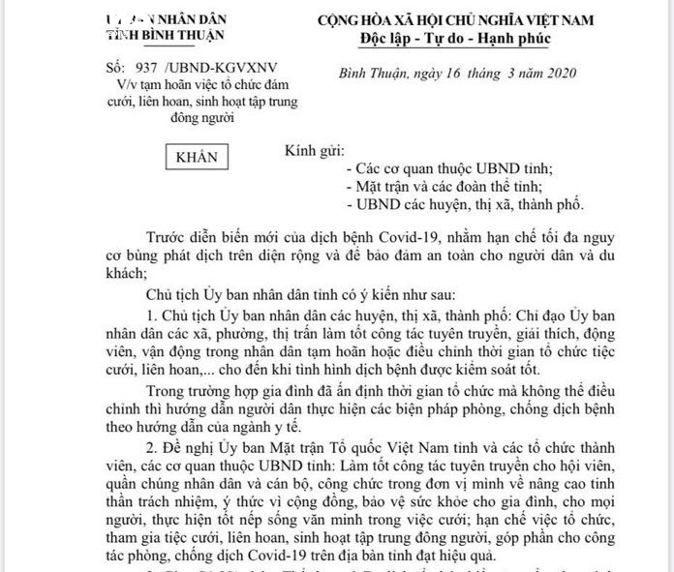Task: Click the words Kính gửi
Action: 313,152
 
